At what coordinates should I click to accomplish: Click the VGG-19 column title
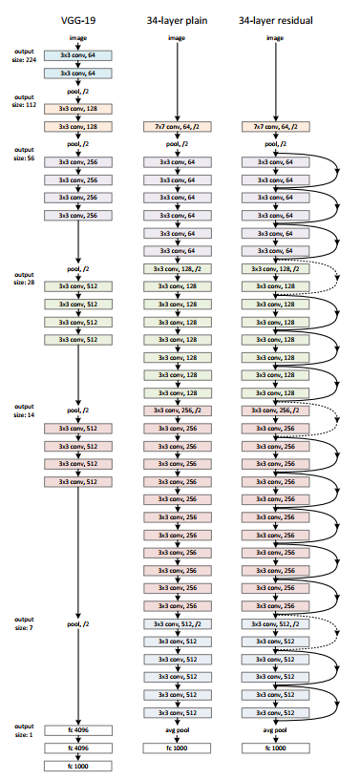pos(80,18)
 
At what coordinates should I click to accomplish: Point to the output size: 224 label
pos(24,56)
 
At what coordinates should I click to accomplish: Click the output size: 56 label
pos(24,153)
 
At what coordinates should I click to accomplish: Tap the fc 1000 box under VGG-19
pos(80,765)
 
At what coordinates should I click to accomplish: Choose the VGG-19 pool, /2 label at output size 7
pos(80,623)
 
